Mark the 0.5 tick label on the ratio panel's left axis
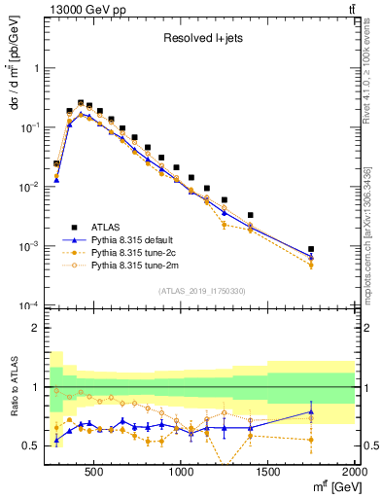coord(31,445)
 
